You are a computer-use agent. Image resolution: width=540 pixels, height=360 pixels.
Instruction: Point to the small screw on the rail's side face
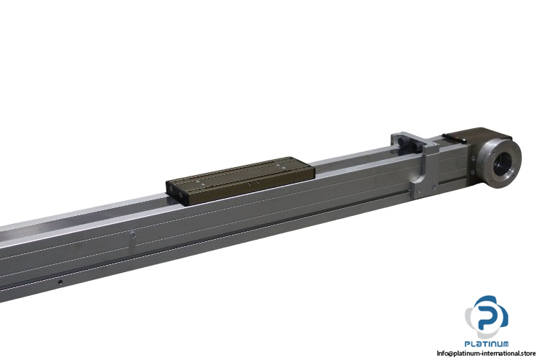(x=132, y=233)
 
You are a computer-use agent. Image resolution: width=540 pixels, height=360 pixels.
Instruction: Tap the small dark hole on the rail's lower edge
(x=61, y=282)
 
